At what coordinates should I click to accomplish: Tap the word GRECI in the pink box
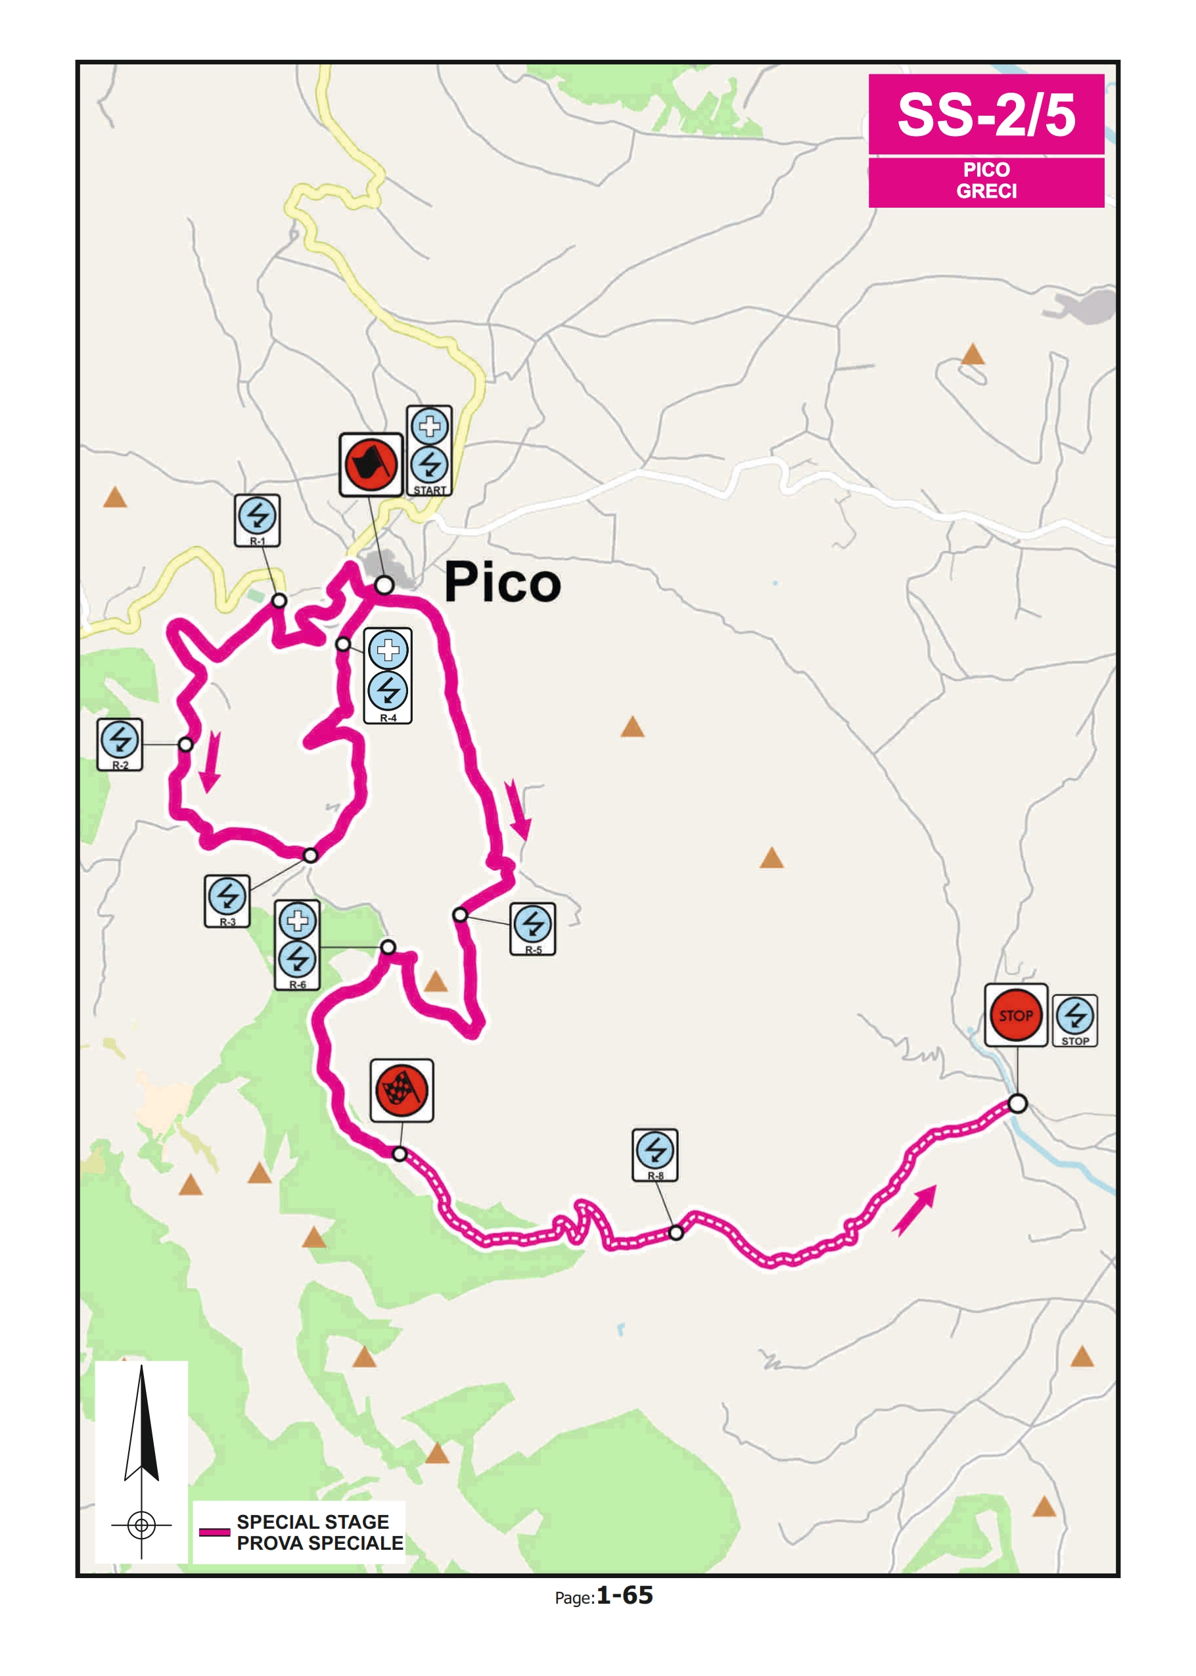click(x=986, y=191)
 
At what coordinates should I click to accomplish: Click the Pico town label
click(x=502, y=583)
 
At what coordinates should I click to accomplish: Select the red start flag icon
click(x=371, y=465)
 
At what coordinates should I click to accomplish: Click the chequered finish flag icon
click(x=402, y=1090)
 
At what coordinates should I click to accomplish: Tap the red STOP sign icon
click(x=1015, y=1015)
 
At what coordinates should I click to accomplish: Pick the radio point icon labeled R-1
click(x=257, y=515)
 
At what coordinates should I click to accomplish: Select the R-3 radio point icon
click(x=227, y=896)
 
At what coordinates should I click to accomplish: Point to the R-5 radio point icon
click(x=532, y=924)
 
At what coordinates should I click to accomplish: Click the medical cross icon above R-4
click(x=388, y=650)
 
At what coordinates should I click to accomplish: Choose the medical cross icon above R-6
click(x=298, y=920)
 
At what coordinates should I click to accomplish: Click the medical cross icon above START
click(x=429, y=426)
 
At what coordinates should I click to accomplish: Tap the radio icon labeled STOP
click(x=1074, y=1016)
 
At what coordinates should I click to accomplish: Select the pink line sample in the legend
click(x=214, y=1533)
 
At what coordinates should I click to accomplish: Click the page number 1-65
click(x=624, y=1595)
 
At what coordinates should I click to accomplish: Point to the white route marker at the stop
click(x=1017, y=1104)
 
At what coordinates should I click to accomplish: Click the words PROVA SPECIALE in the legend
click(x=319, y=1543)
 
